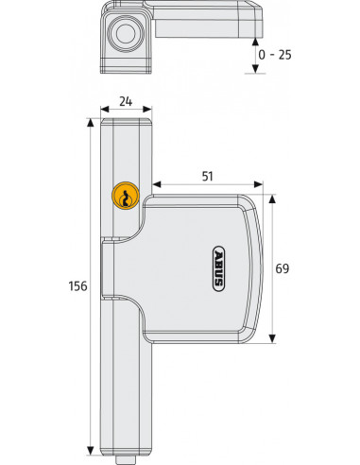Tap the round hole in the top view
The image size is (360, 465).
click(124, 36)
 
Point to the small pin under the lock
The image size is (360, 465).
click(124, 458)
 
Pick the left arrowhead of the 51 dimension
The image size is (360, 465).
click(157, 185)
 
